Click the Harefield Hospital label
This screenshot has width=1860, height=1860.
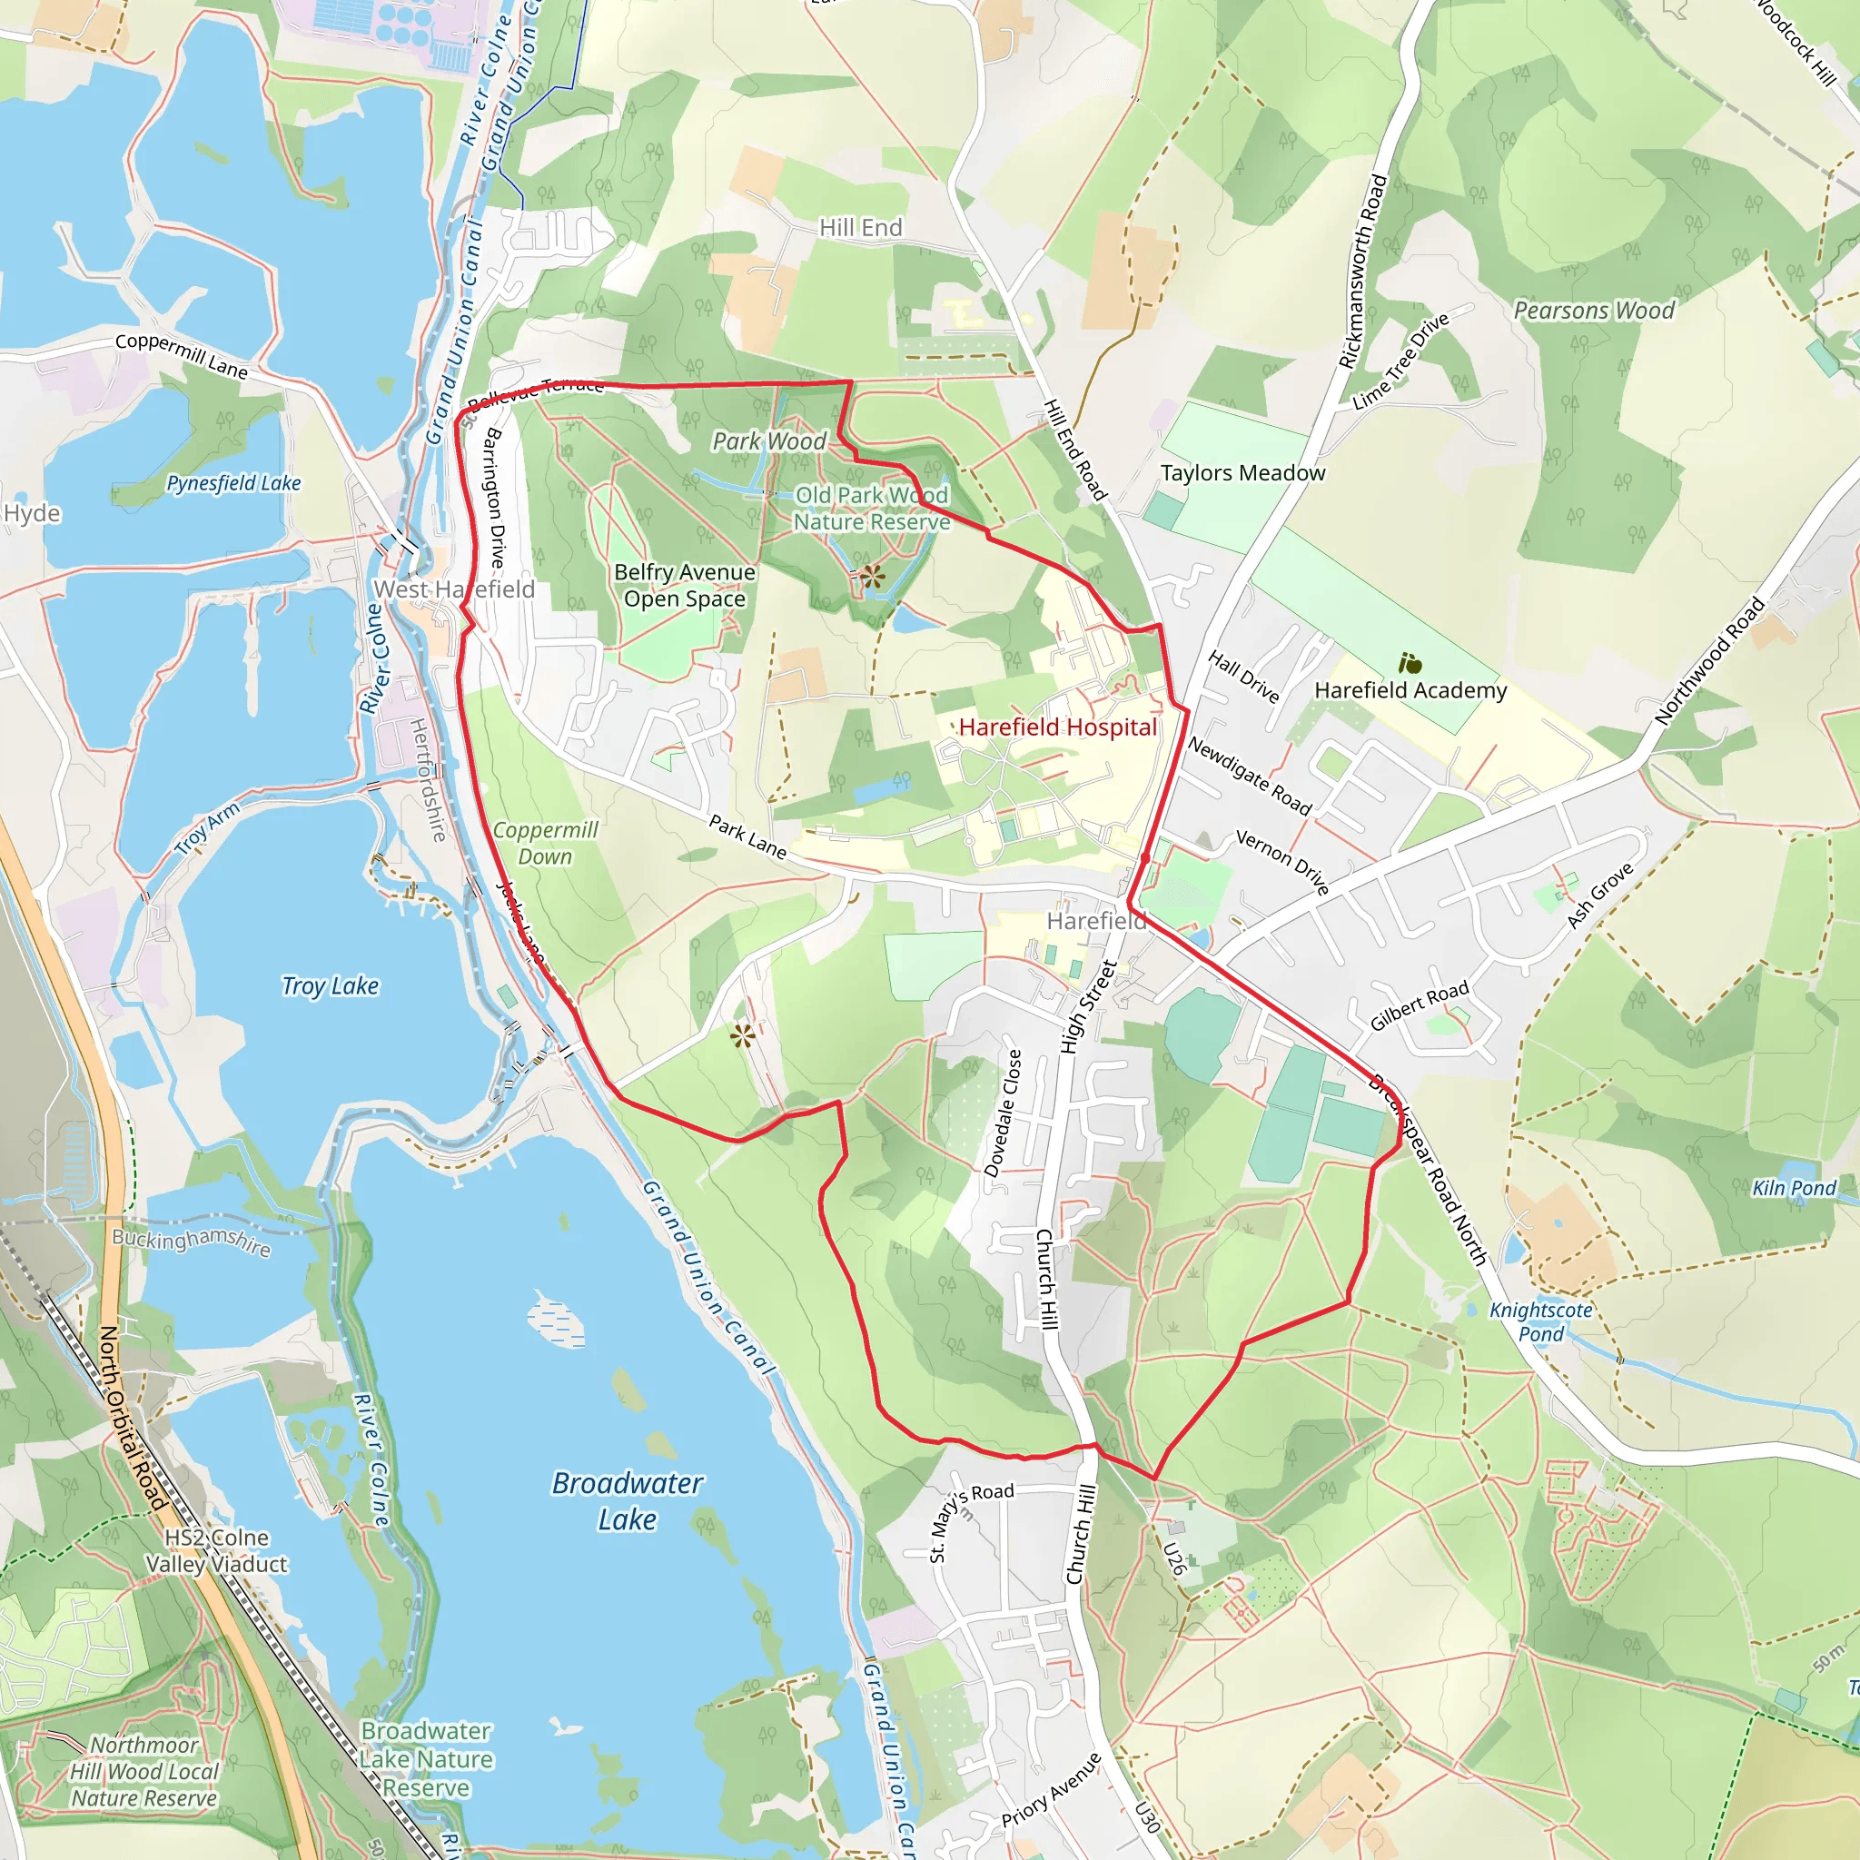pos(1057,727)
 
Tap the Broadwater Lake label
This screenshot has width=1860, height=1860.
pos(627,1501)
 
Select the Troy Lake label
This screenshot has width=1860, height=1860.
pos(331,985)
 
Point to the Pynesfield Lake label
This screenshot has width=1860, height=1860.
pos(234,483)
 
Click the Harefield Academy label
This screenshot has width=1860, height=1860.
pos(1410,690)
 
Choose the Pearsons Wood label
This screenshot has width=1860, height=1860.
pos(1594,311)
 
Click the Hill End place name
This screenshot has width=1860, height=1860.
pos(861,227)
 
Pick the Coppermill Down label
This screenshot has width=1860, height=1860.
pos(546,844)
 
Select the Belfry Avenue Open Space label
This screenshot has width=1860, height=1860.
pos(685,586)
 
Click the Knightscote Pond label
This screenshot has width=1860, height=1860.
pos(1540,1321)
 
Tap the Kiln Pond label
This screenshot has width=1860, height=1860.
pos(1795,1187)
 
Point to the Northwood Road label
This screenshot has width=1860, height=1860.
pos(1710,660)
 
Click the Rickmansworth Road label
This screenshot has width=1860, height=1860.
pos(1362,272)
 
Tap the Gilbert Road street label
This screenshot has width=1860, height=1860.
pos(1420,1005)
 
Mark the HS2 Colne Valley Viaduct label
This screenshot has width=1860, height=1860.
pos(217,1551)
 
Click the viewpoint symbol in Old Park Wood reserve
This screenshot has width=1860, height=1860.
pos(872,577)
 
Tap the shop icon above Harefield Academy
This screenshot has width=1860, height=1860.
pos(1410,663)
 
